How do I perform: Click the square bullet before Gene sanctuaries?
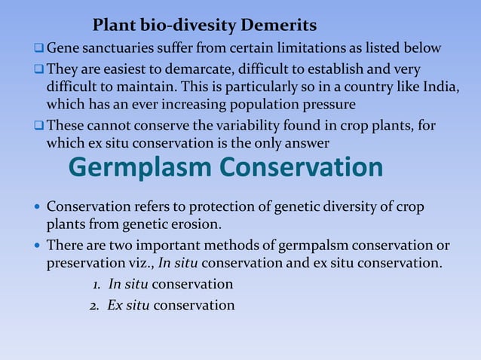click(x=38, y=49)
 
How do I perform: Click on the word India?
click(x=438, y=86)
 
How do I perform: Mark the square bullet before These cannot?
click(x=38, y=124)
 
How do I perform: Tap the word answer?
click(x=306, y=142)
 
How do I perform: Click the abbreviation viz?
click(x=140, y=263)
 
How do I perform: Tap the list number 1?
click(x=97, y=284)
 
